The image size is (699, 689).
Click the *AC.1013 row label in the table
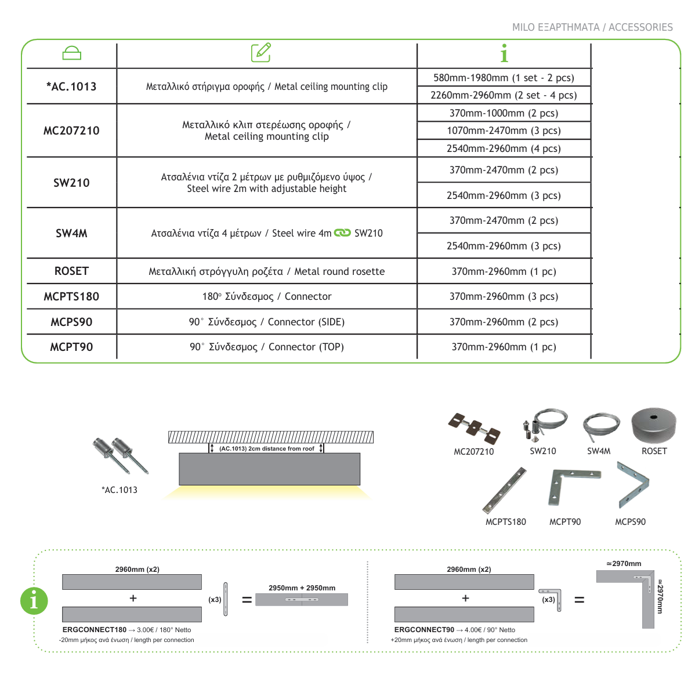pos(71,86)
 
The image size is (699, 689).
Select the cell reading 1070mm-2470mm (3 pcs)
pos(504,130)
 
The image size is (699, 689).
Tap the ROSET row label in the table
pos(71,271)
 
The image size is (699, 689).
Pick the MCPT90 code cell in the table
pos(71,347)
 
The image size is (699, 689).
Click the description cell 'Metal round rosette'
pos(267,271)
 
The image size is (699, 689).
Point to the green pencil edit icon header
pos(261,53)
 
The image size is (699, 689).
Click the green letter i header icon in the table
pos(504,53)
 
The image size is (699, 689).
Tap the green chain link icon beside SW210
pos(342,233)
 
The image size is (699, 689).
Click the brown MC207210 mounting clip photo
pos(474,428)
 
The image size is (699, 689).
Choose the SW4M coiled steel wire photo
pos(600,427)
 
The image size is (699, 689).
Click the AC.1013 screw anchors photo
pos(121,455)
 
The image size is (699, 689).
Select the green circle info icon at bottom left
pos(34,600)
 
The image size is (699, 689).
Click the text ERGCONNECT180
pos(94,630)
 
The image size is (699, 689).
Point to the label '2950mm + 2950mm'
pos(302,588)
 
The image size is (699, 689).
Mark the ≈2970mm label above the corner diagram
pos(624,564)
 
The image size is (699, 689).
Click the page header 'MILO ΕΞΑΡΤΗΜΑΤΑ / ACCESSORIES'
pos(592,27)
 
